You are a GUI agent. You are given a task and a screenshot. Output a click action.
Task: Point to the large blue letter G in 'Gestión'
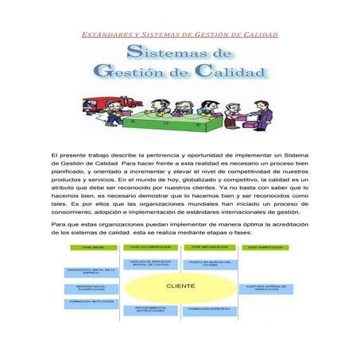tap(103, 72)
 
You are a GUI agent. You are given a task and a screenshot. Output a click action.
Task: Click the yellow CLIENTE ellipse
tap(180, 286)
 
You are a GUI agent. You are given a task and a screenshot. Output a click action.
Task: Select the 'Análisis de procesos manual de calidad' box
tap(149, 264)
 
